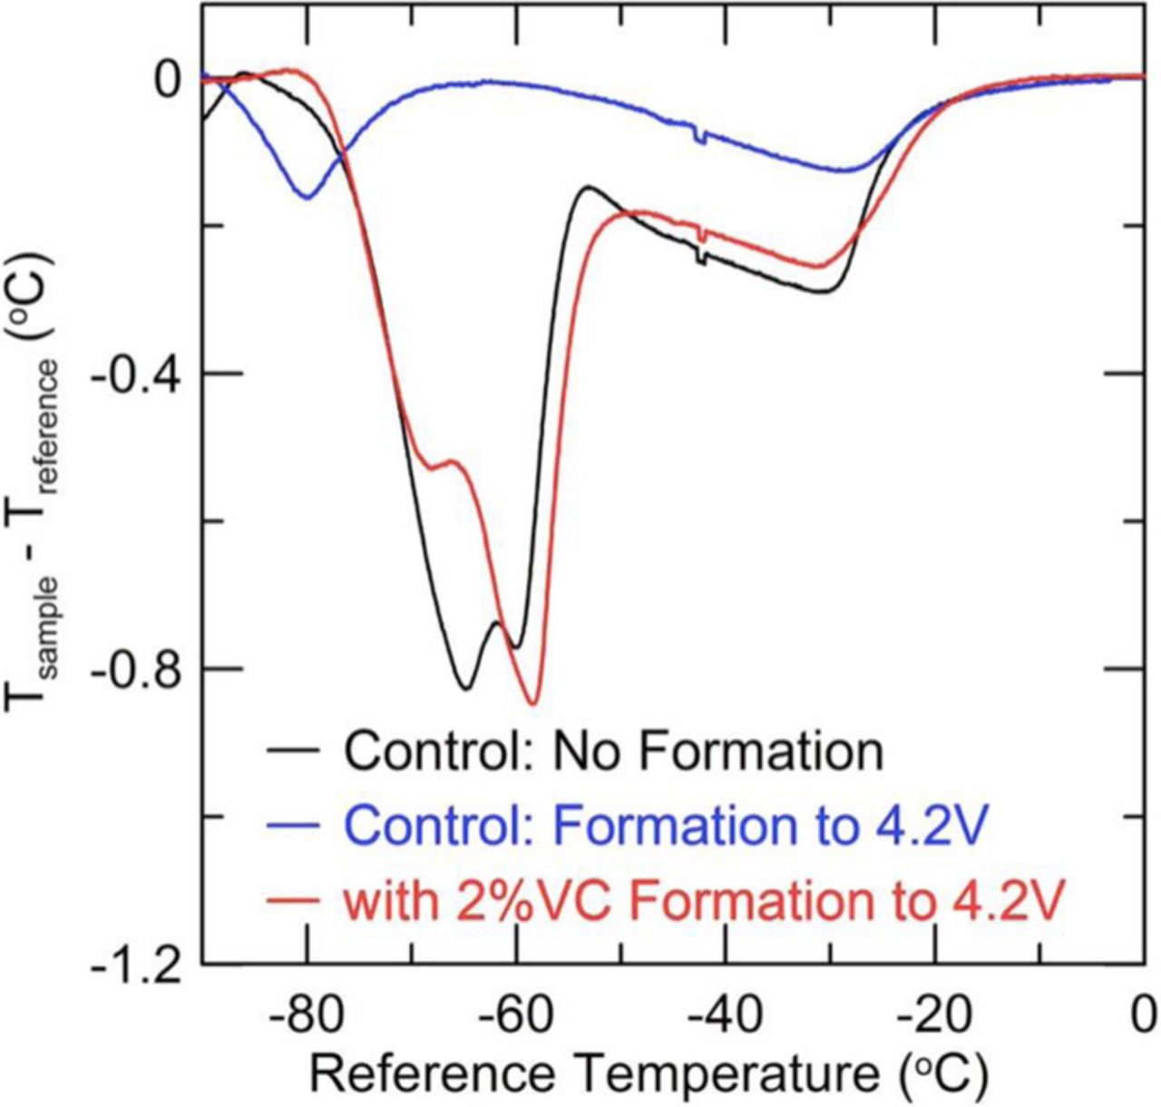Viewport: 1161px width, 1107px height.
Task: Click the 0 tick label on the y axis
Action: tap(167, 80)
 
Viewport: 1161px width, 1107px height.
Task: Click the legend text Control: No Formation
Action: tap(613, 751)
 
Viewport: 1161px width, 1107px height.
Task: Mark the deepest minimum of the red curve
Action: tap(533, 704)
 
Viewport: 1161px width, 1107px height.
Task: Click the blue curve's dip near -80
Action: tap(308, 197)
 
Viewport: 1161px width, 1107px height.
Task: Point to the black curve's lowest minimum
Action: tap(465, 688)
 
